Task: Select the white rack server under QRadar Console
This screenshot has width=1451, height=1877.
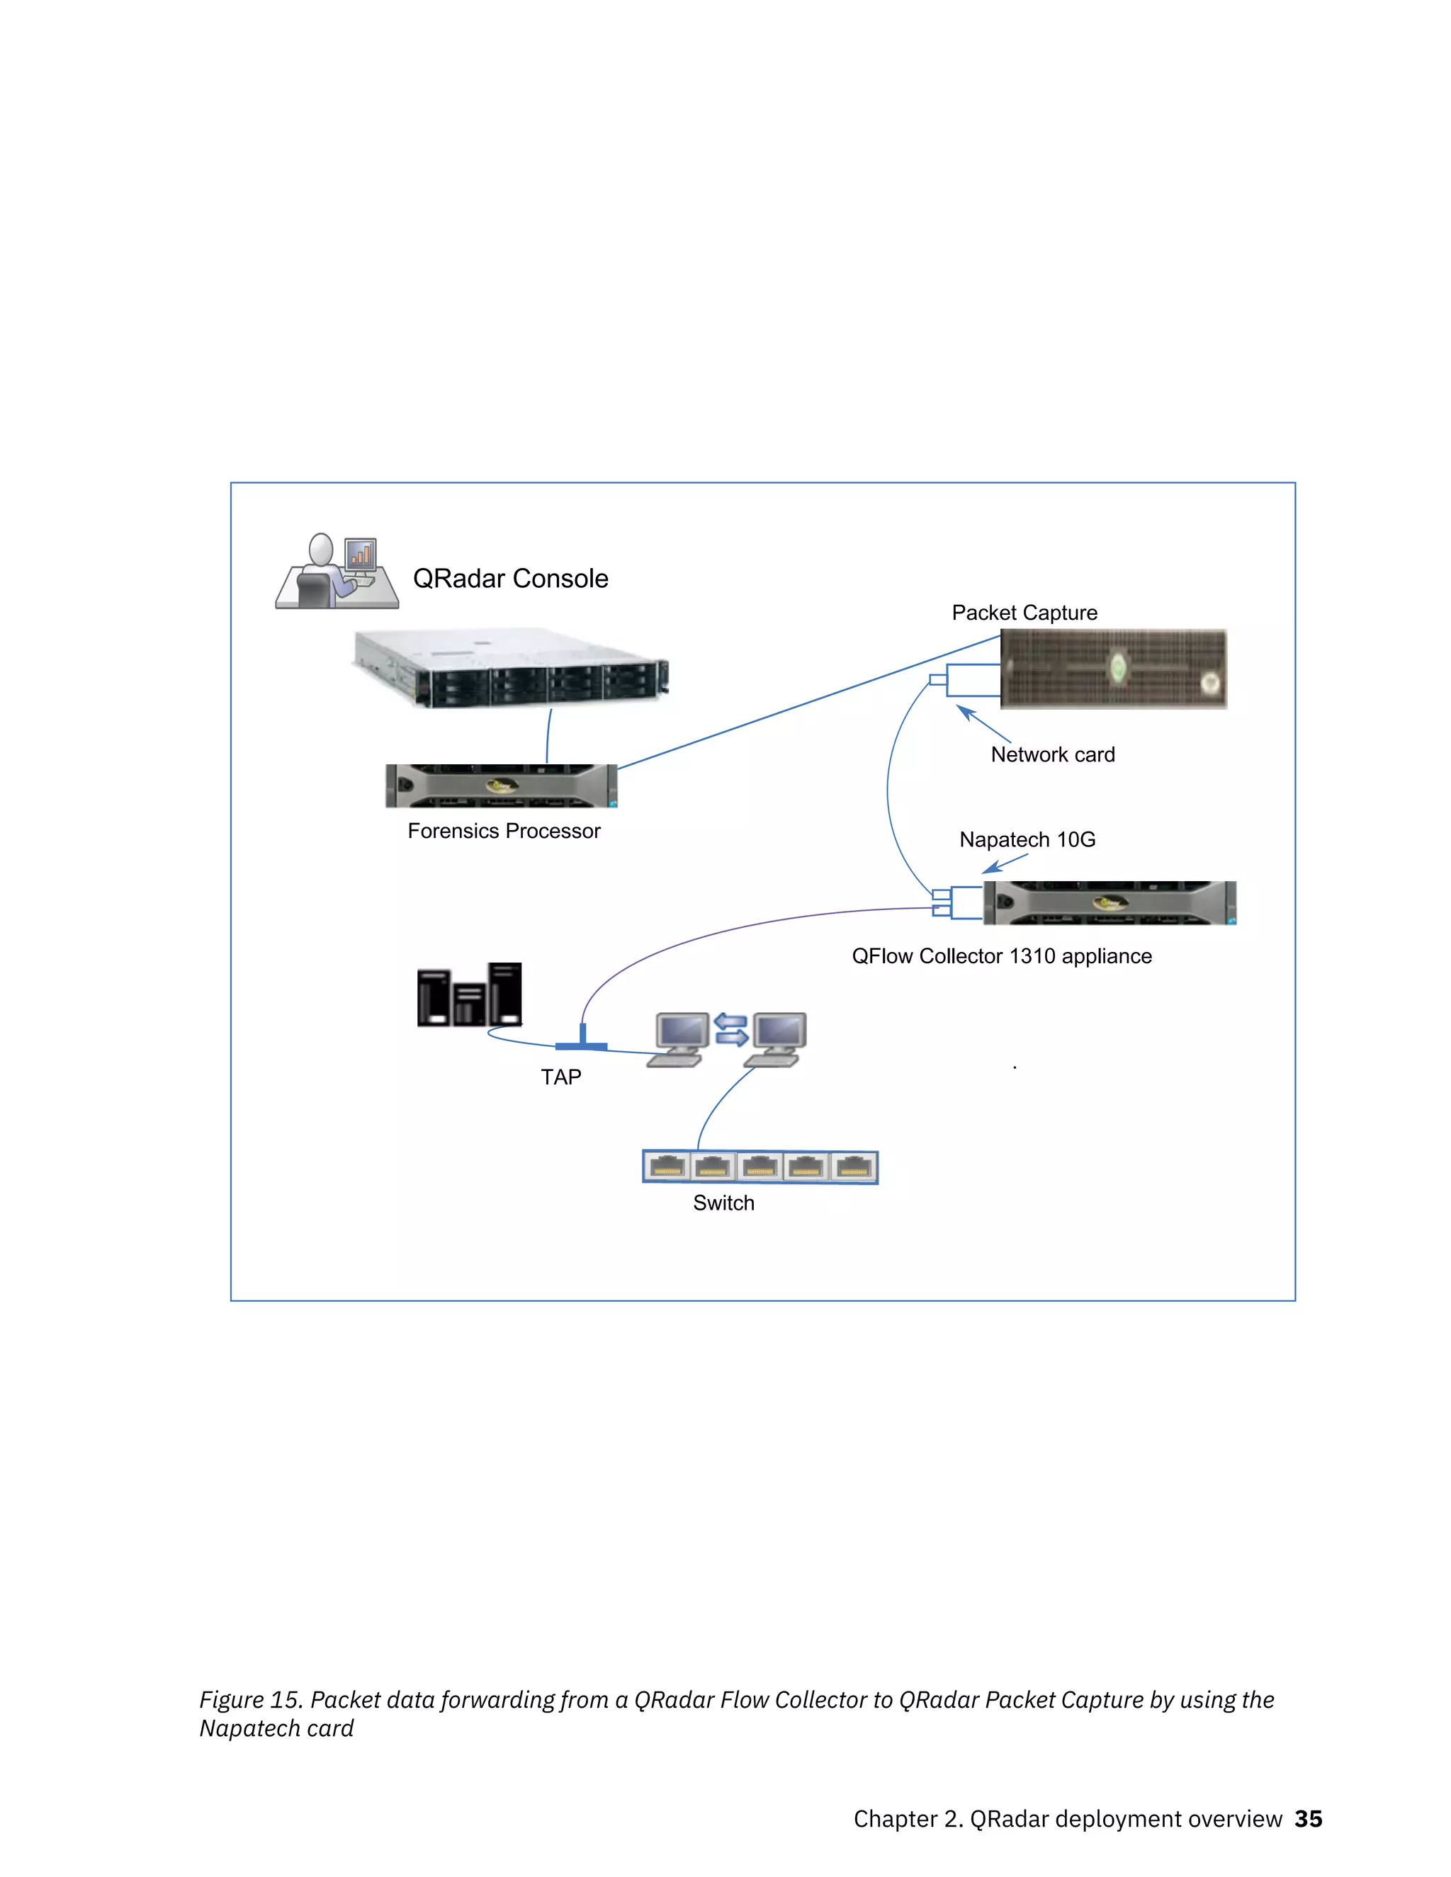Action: (511, 669)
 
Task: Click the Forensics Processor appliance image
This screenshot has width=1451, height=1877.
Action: (501, 786)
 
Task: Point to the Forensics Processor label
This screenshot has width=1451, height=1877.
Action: (504, 831)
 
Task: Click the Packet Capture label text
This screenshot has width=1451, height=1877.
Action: (1024, 613)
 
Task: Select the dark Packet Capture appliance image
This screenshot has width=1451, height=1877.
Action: (1113, 669)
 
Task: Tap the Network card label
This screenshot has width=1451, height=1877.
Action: (1052, 754)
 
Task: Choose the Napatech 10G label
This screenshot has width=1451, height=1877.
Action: (1027, 839)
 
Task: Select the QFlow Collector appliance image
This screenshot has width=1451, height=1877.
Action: (1109, 902)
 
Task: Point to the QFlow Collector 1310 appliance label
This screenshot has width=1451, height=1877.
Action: (1001, 956)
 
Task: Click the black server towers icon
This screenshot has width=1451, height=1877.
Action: (469, 994)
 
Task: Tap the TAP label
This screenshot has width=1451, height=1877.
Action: (560, 1077)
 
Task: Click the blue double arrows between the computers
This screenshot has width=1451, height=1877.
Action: (730, 1030)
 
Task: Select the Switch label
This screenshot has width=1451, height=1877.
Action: (723, 1203)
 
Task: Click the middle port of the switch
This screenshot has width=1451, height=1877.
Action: (760, 1167)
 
